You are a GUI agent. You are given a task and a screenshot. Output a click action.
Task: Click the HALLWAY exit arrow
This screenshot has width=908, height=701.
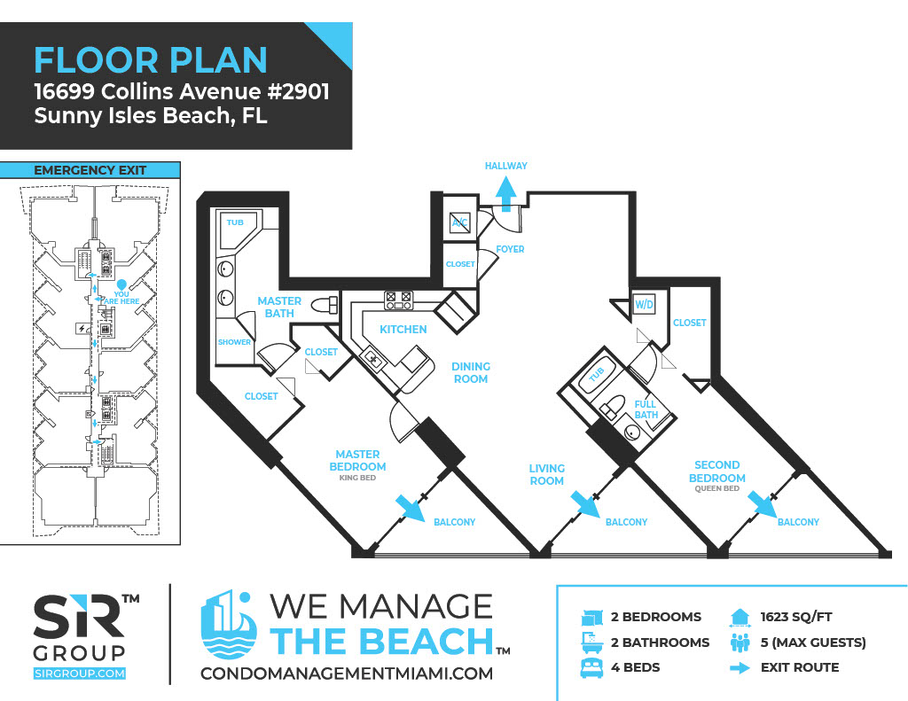[x=506, y=193]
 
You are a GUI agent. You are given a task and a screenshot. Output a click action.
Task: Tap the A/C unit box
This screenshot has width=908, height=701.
[x=460, y=222]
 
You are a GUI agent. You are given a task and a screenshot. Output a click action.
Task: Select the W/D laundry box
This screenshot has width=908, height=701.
[x=644, y=304]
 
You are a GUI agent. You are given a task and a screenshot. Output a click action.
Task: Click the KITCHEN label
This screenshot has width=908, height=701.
[x=403, y=330]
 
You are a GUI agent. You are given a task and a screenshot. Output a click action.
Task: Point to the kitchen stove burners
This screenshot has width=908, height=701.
[x=399, y=300]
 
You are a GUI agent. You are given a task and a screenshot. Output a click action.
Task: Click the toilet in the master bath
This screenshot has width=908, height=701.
[x=325, y=305]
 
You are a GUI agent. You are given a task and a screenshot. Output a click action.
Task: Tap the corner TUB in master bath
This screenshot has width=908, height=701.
[x=238, y=230]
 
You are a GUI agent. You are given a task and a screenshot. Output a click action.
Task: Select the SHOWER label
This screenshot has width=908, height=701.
[x=234, y=342]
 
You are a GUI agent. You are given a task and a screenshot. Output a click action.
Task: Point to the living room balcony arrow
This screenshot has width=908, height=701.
[x=585, y=505]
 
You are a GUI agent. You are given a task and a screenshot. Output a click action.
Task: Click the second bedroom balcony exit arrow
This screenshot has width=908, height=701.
[x=763, y=505]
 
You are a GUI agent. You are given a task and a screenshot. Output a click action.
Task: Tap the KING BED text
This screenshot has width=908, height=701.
[x=357, y=478]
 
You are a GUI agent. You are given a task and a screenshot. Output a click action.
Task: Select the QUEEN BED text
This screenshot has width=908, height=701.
[x=716, y=488]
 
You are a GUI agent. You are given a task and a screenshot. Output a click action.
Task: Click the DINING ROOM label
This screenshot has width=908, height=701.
[x=471, y=373]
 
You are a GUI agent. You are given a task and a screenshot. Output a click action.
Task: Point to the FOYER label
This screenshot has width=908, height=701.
[x=510, y=249]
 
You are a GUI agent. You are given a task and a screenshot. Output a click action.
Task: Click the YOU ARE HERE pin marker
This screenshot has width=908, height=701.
[x=121, y=284]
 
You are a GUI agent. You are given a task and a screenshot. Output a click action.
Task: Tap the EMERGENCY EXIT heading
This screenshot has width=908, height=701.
[x=90, y=170]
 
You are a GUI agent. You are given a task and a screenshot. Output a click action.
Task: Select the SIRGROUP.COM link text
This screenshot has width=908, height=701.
[x=79, y=674]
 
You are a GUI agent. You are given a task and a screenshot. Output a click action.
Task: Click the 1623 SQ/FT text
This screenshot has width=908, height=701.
[x=796, y=617]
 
